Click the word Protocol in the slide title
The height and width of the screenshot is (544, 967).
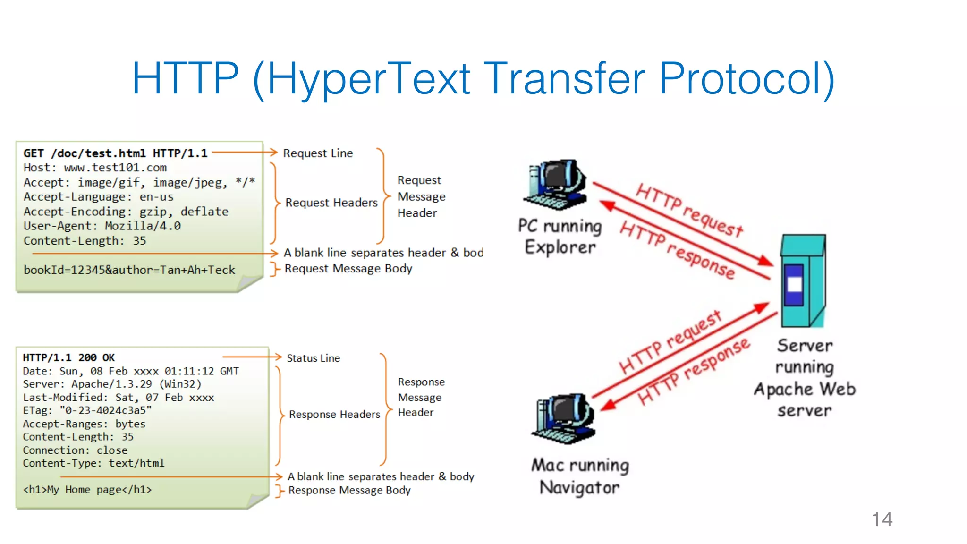pyautogui.click(x=746, y=78)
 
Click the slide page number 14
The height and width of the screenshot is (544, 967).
pyautogui.click(x=882, y=519)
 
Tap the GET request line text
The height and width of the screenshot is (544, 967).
pyautogui.click(x=115, y=153)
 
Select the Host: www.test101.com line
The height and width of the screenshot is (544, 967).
pyautogui.click(x=95, y=168)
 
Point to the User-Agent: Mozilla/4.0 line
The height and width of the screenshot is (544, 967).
pyautogui.click(x=102, y=226)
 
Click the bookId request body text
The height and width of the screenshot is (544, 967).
pyautogui.click(x=129, y=270)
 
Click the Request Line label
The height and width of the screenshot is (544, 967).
pyautogui.click(x=318, y=153)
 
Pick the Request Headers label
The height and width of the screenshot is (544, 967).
pyautogui.click(x=331, y=203)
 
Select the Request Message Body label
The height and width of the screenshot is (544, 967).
pyautogui.click(x=348, y=269)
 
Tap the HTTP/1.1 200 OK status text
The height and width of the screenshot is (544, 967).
pyautogui.click(x=69, y=357)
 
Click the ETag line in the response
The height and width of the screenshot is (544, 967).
pyautogui.click(x=87, y=410)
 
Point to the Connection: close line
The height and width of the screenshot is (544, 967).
pyautogui.click(x=75, y=450)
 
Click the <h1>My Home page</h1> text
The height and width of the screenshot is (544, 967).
pyautogui.click(x=87, y=490)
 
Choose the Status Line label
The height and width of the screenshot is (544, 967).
pyautogui.click(x=313, y=358)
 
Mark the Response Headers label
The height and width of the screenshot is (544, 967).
pyautogui.click(x=334, y=415)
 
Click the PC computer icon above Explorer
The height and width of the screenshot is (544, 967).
pyautogui.click(x=557, y=184)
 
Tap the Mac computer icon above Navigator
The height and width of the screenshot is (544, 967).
pyautogui.click(x=564, y=418)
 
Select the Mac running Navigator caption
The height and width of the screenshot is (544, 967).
pyautogui.click(x=580, y=476)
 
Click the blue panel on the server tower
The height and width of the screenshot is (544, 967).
pyautogui.click(x=794, y=285)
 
